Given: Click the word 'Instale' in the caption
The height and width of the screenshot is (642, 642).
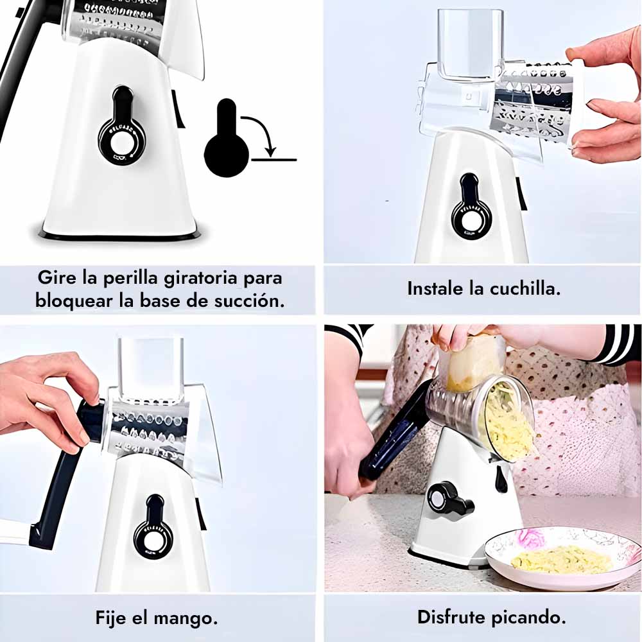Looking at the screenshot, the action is pyautogui.click(x=436, y=289).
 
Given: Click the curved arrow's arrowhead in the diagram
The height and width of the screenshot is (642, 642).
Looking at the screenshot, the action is pyautogui.click(x=270, y=152).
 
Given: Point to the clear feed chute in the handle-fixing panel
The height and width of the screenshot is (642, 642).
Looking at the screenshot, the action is pyautogui.click(x=150, y=369).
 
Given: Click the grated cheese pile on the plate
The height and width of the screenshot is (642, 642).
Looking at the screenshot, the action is pyautogui.click(x=560, y=560).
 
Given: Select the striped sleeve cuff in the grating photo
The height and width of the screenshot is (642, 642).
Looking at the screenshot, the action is pyautogui.click(x=618, y=344).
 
